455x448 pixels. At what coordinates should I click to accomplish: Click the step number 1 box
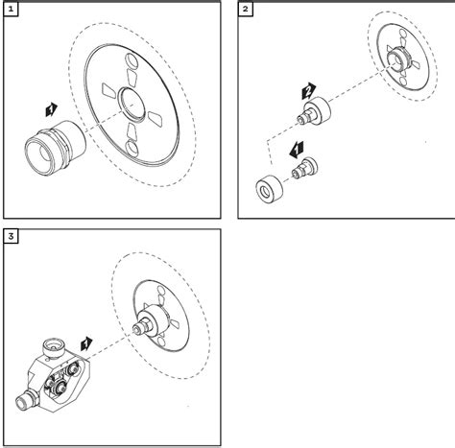11,10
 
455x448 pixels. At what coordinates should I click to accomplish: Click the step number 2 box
245,10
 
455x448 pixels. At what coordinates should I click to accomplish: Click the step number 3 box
11,236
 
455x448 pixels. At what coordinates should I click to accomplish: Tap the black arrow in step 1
51,109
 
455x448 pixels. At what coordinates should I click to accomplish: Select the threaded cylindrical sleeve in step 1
55,148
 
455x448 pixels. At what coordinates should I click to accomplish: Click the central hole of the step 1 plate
132,105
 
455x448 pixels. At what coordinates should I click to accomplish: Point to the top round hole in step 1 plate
131,59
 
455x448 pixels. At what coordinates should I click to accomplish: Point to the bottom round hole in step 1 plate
132,148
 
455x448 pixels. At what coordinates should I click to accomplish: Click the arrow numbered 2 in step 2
308,91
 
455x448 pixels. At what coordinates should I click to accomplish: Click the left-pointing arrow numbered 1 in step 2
297,150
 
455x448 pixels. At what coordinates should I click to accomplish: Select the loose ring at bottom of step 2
270,189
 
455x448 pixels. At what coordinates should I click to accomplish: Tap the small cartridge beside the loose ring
304,168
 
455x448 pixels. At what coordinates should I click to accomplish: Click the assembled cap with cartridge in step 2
314,111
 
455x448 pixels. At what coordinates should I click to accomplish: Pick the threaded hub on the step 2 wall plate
398,59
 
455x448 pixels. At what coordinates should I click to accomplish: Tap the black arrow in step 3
86,344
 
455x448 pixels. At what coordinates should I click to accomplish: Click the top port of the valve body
54,347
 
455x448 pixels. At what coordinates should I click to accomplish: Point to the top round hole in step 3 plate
161,291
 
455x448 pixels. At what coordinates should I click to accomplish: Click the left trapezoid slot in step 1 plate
108,90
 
